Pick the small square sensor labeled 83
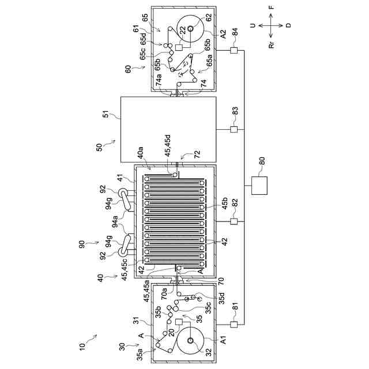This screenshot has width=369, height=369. coord(234,129)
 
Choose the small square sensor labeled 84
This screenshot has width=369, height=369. coord(234,52)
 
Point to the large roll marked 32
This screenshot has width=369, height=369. coord(189,341)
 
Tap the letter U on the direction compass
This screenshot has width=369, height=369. coord(253,26)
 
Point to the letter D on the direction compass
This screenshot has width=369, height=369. coord(288,26)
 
